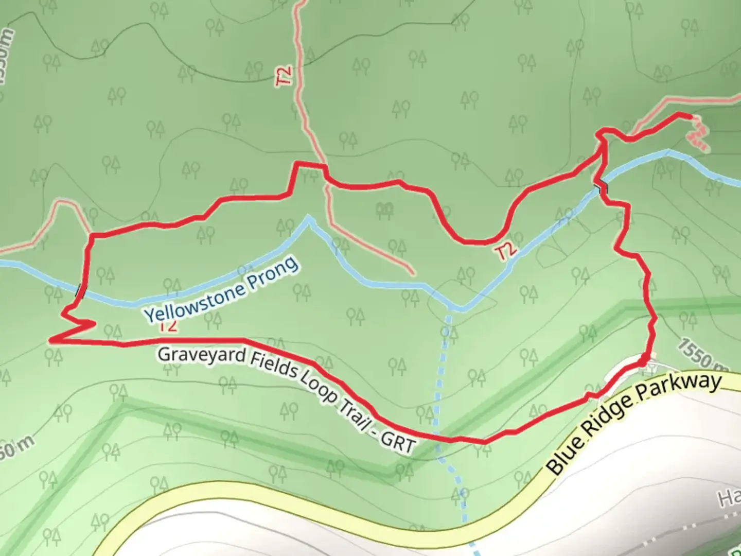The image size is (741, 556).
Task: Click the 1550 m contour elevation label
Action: pyautogui.click(x=702, y=356)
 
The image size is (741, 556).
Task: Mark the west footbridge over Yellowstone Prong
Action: pyautogui.click(x=80, y=291)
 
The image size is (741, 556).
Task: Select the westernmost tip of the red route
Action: pyautogui.click(x=50, y=340)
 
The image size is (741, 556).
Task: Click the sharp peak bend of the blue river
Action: pyautogui.click(x=309, y=218)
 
